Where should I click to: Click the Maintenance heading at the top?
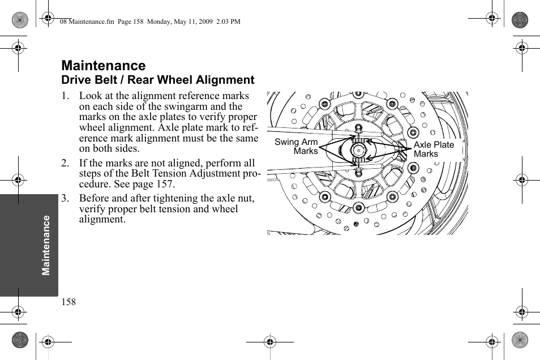pyautogui.click(x=104, y=66)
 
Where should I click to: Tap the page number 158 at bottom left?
pyautogui.click(x=68, y=302)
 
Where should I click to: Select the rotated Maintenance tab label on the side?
pyautogui.click(x=46, y=245)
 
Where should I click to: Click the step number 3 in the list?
pyautogui.click(x=65, y=198)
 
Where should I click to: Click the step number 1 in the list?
pyautogui.click(x=65, y=96)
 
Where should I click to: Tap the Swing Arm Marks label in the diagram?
pyautogui.click(x=297, y=147)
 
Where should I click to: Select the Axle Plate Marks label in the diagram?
pyautogui.click(x=434, y=149)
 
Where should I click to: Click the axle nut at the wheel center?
pyautogui.click(x=358, y=151)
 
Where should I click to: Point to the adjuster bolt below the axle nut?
pyautogui.click(x=358, y=171)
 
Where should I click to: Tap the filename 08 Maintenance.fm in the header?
pyautogui.click(x=83, y=22)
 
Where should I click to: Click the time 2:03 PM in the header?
pyautogui.click(x=228, y=22)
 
